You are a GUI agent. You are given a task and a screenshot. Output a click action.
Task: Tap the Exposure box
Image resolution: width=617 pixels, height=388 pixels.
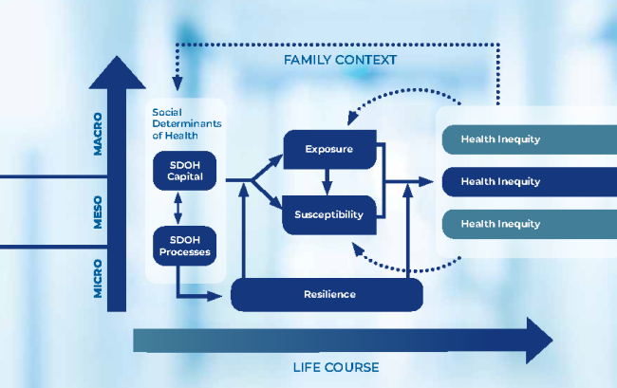[x=328, y=150]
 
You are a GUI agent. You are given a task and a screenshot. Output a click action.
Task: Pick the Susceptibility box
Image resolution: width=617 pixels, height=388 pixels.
[x=328, y=214]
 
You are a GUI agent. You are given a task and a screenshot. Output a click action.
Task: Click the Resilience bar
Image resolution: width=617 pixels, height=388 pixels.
[x=327, y=294]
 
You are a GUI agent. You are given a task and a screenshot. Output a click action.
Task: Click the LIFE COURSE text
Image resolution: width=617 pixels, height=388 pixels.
[x=335, y=367]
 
